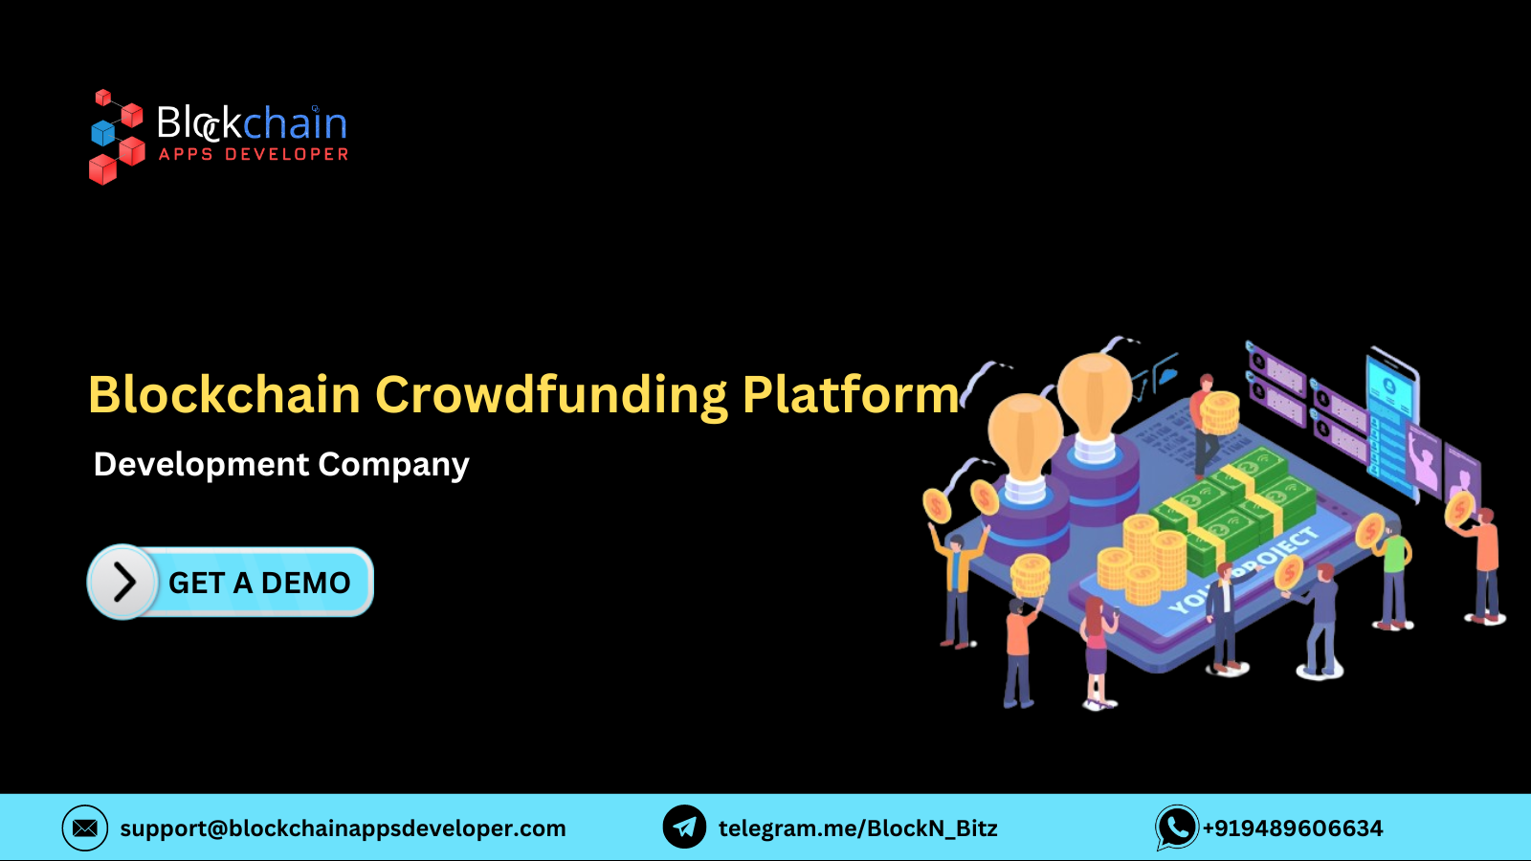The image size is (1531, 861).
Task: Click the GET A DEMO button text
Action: tap(259, 583)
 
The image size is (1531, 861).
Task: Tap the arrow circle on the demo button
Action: tap(122, 582)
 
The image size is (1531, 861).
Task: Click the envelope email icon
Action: tap(85, 828)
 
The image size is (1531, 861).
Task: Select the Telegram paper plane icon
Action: tap(684, 828)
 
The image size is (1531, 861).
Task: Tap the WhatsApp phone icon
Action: tap(1177, 828)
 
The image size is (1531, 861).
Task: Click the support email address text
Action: tap(343, 828)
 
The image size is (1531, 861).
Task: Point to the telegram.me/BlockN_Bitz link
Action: tap(857, 828)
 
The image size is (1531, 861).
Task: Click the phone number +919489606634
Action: tap(1293, 828)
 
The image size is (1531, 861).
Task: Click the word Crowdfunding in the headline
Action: tap(551, 395)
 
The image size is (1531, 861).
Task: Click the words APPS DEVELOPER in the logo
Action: tap(254, 154)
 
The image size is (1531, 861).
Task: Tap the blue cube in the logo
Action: tap(102, 133)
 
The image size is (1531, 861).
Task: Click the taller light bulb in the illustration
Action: tap(1095, 402)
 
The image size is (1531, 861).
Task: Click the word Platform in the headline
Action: tap(851, 395)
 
